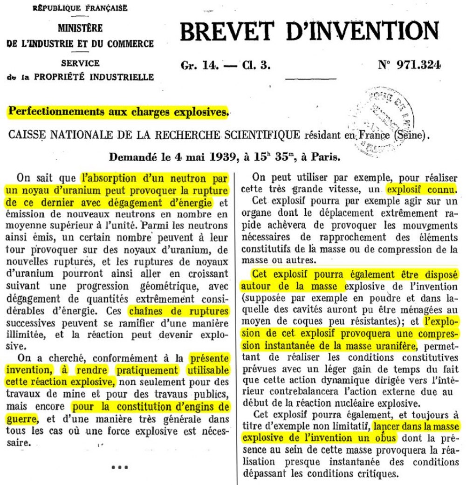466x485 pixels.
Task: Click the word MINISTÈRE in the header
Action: click(80, 28)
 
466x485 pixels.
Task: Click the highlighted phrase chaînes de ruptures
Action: click(191, 311)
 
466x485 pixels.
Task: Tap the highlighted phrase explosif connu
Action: click(421, 190)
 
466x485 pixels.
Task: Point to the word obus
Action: click(385, 439)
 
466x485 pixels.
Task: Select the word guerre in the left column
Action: click(22, 418)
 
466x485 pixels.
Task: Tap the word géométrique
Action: click(163, 284)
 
